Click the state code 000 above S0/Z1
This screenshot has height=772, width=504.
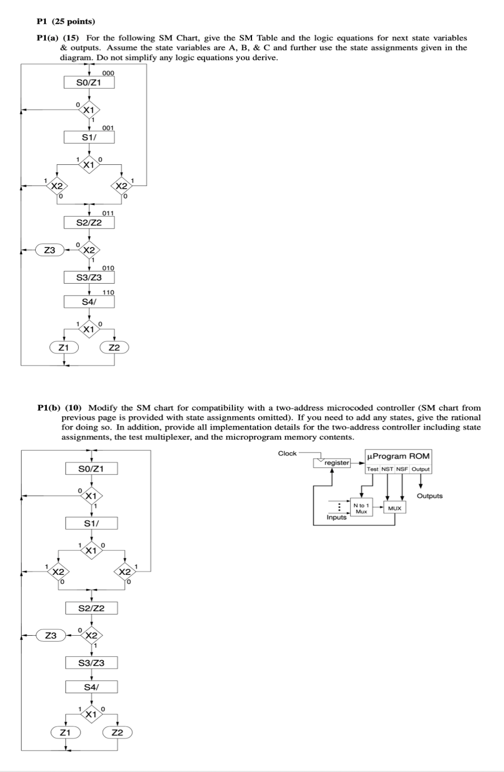(108, 74)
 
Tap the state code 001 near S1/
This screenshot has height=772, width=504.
(108, 128)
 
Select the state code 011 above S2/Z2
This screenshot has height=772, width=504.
(108, 213)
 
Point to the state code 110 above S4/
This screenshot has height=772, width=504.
(108, 292)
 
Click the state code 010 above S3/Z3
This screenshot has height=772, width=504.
(108, 268)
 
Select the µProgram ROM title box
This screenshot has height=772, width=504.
(398, 456)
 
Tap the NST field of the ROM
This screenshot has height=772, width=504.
(387, 469)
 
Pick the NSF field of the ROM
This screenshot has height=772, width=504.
(402, 469)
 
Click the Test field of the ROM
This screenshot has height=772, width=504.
(373, 469)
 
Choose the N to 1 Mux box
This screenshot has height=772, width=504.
(362, 508)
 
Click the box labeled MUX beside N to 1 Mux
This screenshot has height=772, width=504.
(394, 508)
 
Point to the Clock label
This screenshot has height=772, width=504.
(287, 453)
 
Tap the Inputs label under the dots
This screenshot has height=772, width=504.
(336, 517)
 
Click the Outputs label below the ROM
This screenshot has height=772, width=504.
(429, 496)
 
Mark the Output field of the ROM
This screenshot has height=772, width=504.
(421, 469)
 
